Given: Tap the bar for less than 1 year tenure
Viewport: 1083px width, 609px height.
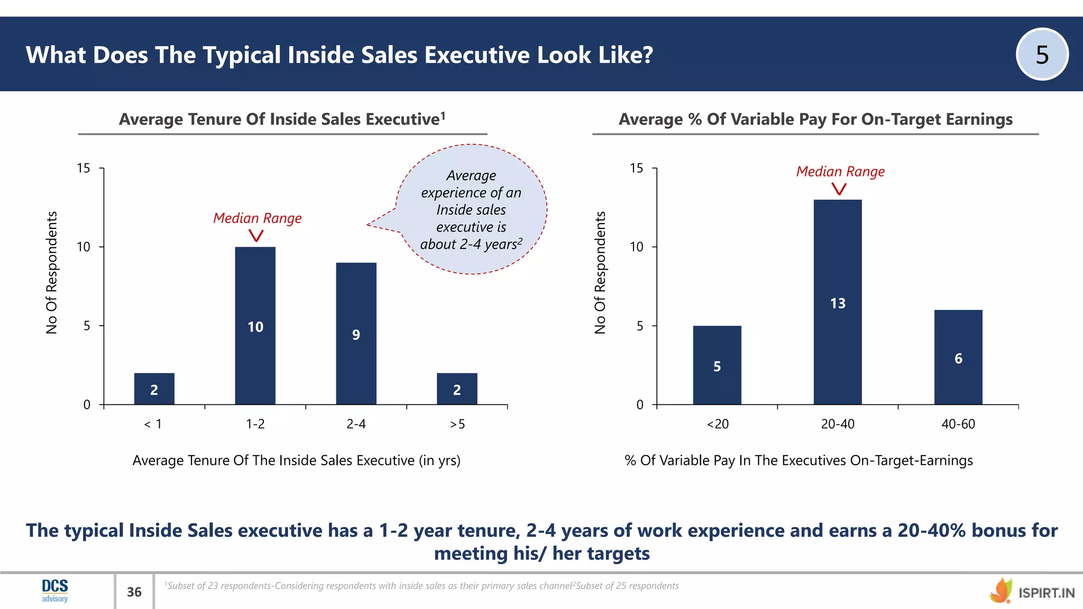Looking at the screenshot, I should [x=154, y=389].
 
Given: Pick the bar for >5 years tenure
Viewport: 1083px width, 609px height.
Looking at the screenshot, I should [x=457, y=389].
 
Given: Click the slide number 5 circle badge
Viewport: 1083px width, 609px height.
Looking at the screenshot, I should [x=1042, y=54].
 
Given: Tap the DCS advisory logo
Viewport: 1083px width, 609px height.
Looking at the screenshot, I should [x=55, y=590].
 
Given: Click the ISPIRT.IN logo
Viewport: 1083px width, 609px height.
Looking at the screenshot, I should [x=1032, y=592].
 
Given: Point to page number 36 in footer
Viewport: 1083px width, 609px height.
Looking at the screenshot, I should [x=134, y=592].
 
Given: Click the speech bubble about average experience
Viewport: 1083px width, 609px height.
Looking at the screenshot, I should [x=471, y=209].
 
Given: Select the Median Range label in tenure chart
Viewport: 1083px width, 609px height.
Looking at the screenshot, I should [x=257, y=218].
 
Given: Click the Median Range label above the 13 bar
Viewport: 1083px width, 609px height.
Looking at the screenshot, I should [x=840, y=172].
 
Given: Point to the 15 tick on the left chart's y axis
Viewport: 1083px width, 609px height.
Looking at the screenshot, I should [x=84, y=168].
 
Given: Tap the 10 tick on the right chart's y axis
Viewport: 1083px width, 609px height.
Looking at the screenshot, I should [x=637, y=247].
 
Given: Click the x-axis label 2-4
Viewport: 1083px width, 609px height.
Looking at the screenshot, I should [x=356, y=424].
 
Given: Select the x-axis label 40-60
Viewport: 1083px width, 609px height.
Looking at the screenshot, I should [x=958, y=424].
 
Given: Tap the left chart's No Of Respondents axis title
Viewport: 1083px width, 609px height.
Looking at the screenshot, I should [x=51, y=272].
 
